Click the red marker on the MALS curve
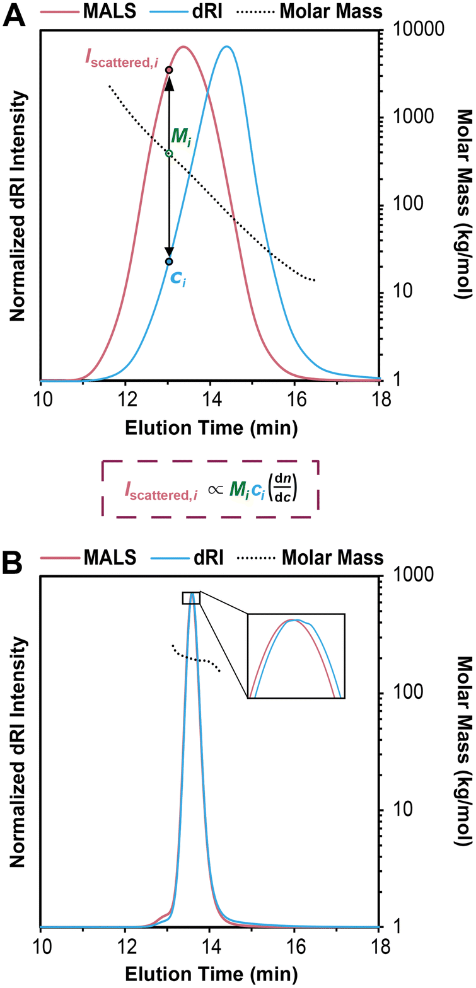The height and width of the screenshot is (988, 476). point(169,70)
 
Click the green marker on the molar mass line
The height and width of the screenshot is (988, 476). point(169,154)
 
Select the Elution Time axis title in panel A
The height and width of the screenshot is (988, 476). point(211,429)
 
